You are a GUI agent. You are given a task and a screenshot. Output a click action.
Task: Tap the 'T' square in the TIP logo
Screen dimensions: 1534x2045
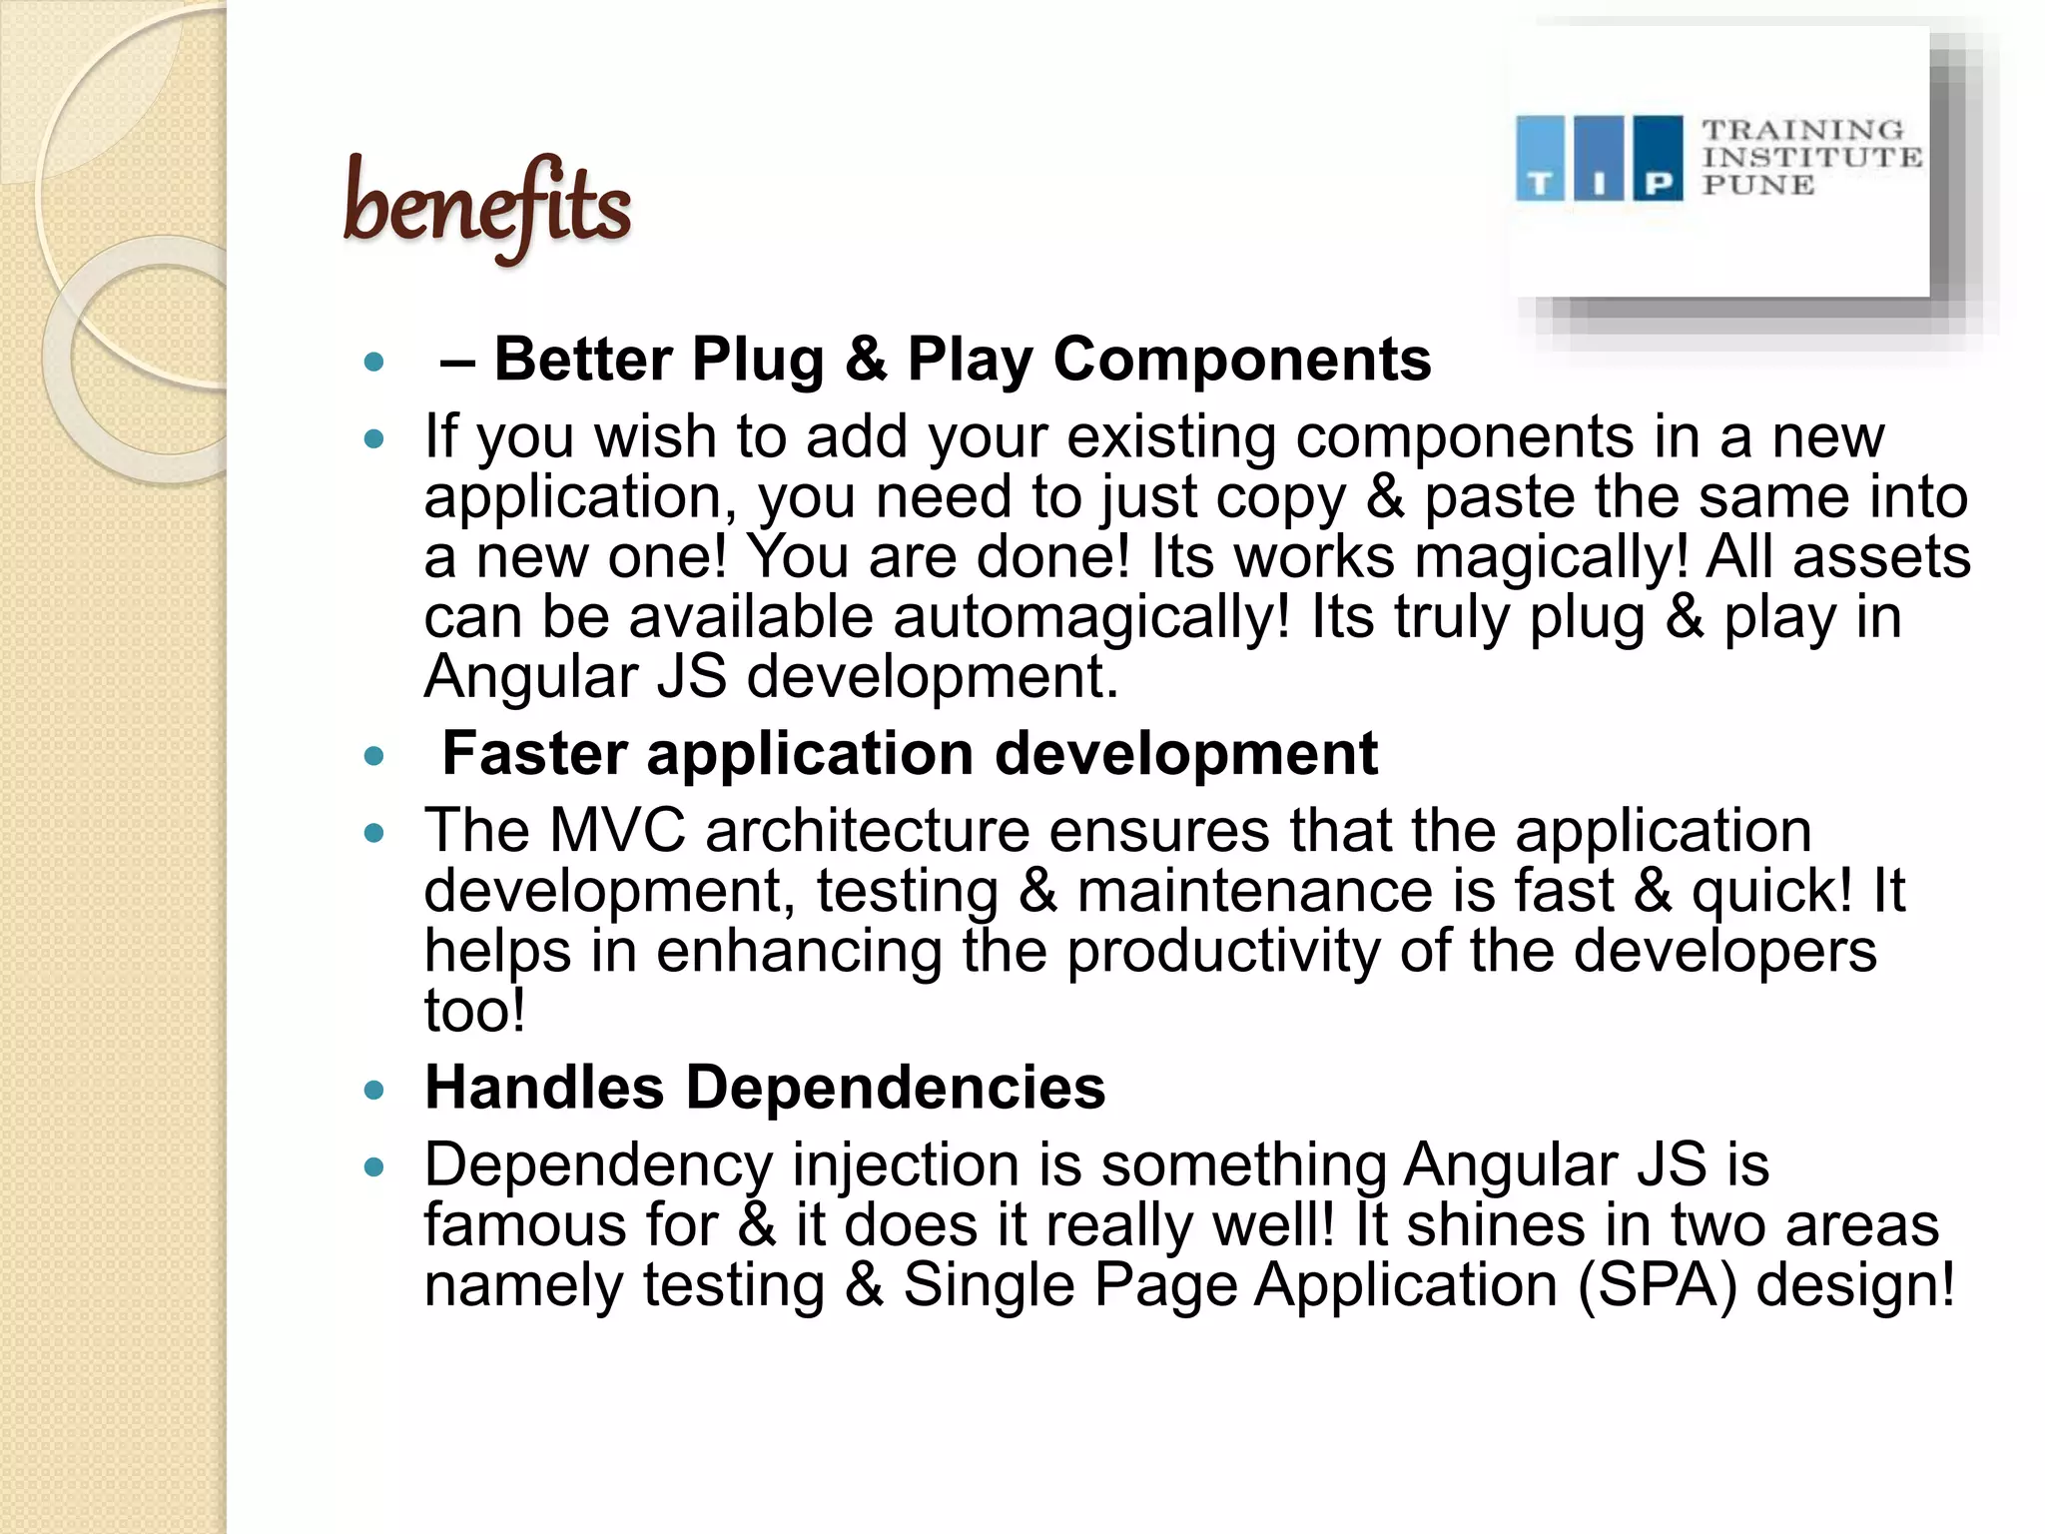point(1540,159)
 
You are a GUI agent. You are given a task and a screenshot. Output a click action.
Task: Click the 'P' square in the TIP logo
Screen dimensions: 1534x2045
point(1658,159)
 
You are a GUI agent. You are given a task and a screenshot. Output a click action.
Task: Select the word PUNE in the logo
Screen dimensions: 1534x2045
point(1757,186)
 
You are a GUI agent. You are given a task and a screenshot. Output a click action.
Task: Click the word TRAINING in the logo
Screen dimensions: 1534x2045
point(1802,131)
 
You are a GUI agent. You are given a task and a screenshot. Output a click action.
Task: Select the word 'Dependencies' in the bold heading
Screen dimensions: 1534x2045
point(896,1087)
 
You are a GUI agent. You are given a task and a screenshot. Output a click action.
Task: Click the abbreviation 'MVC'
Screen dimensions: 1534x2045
point(617,831)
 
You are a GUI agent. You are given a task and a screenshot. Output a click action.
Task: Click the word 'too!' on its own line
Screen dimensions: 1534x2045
point(474,1011)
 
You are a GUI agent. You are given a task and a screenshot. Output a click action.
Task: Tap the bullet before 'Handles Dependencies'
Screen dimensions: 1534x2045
point(374,1090)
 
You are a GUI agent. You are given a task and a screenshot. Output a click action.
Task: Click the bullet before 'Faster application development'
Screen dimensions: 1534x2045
point(374,756)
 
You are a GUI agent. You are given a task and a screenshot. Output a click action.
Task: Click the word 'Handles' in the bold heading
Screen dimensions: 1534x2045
point(544,1087)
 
